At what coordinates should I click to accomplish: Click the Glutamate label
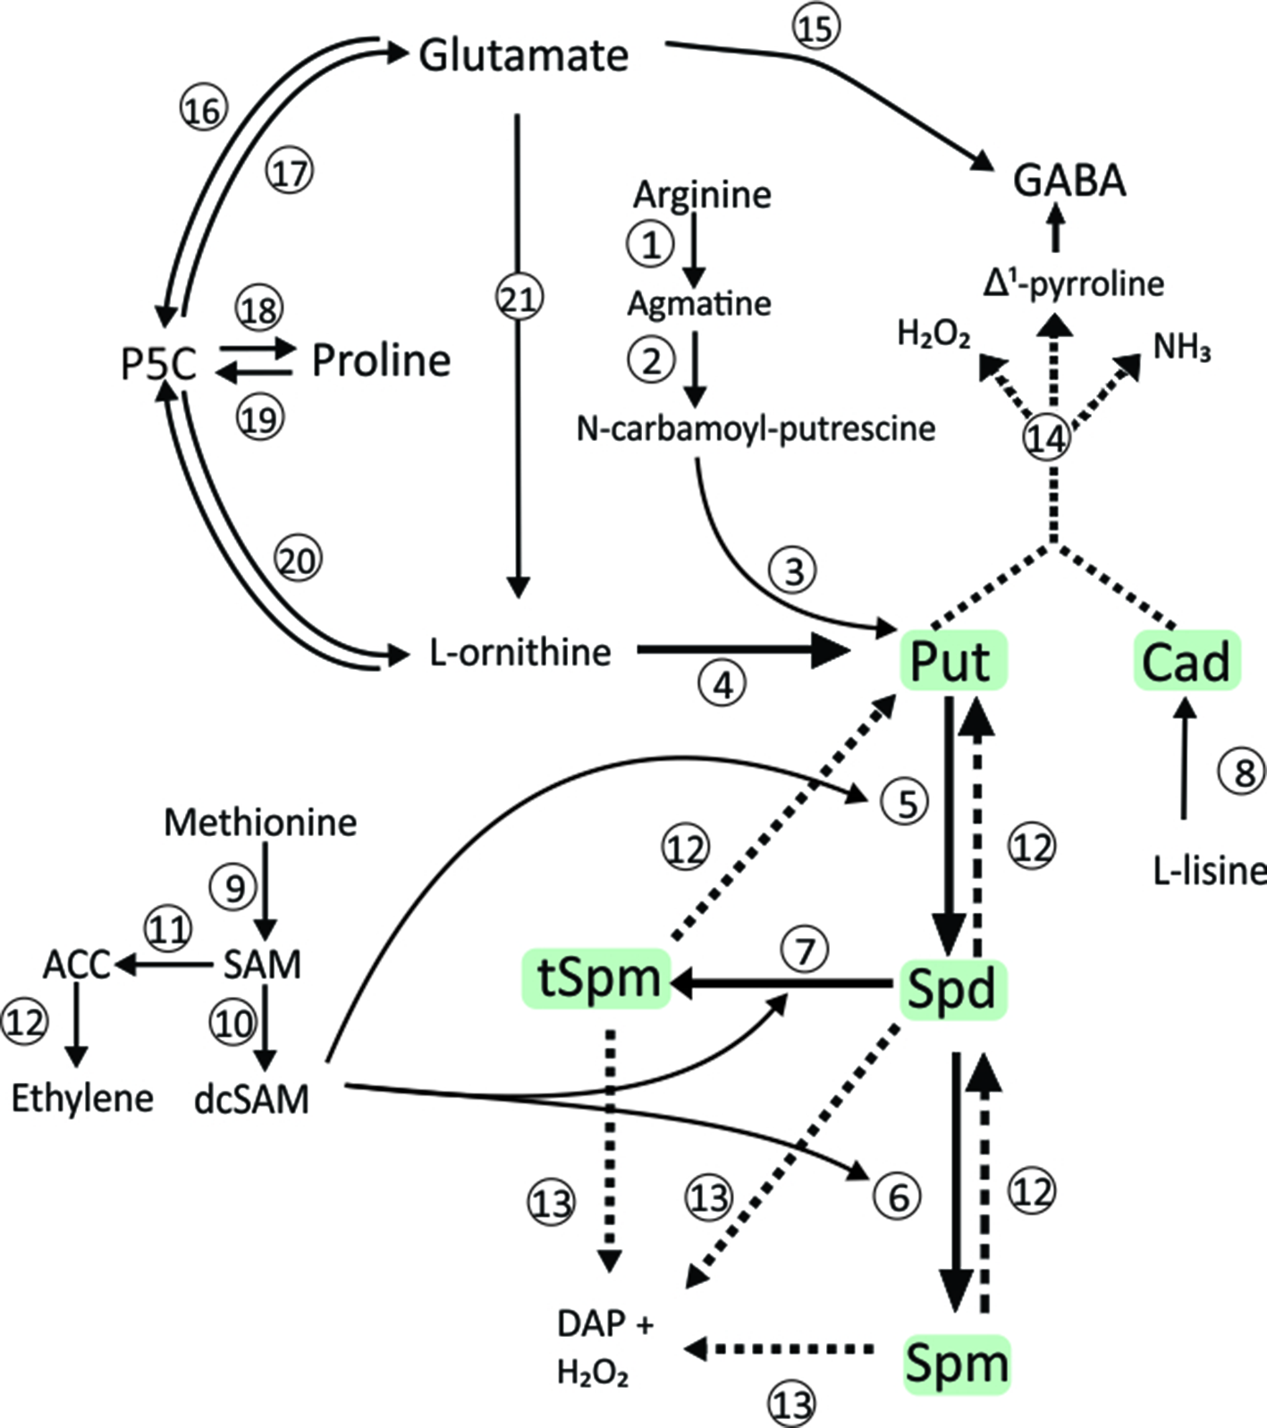(x=524, y=55)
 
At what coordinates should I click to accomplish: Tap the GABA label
(x=1069, y=182)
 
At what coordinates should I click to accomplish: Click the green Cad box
(x=1186, y=661)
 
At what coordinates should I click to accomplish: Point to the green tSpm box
(x=597, y=978)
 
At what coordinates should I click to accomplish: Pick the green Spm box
(x=956, y=1364)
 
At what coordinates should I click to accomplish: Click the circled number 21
(x=519, y=298)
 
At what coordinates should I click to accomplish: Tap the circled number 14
(x=1046, y=438)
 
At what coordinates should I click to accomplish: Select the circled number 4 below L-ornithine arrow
(x=722, y=685)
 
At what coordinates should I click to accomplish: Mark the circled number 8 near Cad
(x=1244, y=772)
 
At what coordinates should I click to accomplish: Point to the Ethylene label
(x=82, y=1098)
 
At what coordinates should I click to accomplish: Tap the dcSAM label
(x=251, y=1099)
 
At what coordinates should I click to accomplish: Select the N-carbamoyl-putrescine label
(x=756, y=429)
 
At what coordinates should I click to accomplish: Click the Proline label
(x=381, y=361)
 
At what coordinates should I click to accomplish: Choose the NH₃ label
(x=1181, y=347)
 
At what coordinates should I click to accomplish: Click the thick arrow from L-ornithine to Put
(x=742, y=651)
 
